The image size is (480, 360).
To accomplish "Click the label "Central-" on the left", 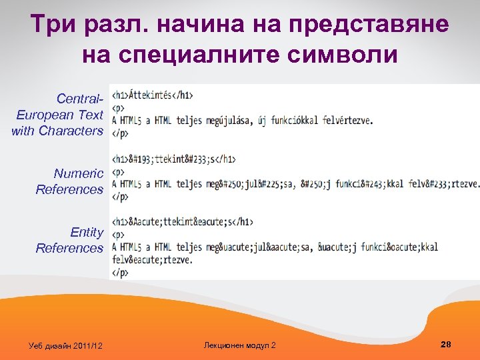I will (x=80, y=99).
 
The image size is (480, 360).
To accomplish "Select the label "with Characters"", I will (x=57, y=131).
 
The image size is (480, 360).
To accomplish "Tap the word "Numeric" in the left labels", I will (x=79, y=174).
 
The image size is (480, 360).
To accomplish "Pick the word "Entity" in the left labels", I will (x=87, y=233).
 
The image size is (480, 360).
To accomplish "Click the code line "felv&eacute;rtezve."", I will (x=153, y=260).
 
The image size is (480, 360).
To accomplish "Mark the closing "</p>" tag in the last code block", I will (x=120, y=273).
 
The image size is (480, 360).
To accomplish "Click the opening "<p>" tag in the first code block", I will (x=118, y=108).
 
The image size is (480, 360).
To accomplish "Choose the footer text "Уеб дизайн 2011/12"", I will (x=66, y=345).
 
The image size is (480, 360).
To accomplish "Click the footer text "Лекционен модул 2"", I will (x=239, y=345).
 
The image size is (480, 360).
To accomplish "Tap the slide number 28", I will (x=446, y=344).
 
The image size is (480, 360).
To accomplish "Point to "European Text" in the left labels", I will (x=60, y=115).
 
